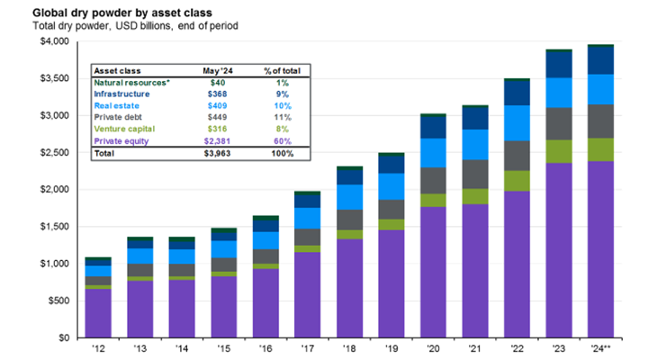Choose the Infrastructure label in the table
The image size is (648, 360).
pos(123,93)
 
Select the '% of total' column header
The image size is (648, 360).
pos(280,68)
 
